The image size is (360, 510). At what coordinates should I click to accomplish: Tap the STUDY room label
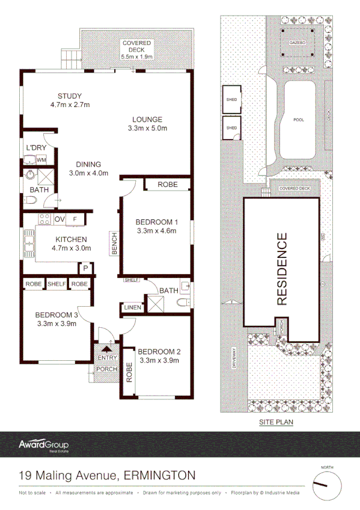[x=70, y=96]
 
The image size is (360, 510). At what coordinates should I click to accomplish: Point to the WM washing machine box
[x=41, y=160]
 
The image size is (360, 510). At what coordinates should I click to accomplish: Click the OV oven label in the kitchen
[x=59, y=219]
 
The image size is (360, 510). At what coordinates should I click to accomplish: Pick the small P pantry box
[x=86, y=268]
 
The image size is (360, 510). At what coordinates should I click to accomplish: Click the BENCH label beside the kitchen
[x=114, y=243]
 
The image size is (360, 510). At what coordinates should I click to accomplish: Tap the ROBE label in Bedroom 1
[x=168, y=185]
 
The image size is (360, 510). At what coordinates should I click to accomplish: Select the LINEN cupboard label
[x=132, y=307]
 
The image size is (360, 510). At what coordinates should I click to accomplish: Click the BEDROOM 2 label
[x=159, y=352]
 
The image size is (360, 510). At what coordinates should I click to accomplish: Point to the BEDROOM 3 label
[x=56, y=315]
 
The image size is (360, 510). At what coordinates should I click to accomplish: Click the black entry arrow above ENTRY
[x=107, y=347]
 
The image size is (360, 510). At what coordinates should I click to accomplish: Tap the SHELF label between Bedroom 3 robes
[x=56, y=284]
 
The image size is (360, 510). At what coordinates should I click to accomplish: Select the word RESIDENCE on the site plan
[x=281, y=268]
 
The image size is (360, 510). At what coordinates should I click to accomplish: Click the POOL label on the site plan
[x=298, y=120]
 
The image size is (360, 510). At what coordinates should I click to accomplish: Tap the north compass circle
[x=327, y=484]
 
